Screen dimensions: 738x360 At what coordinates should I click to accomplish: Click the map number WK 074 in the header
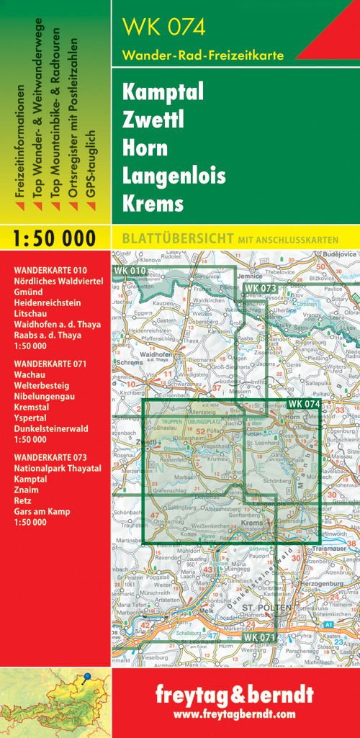pos(164,27)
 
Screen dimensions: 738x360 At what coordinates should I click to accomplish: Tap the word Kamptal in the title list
pos(163,92)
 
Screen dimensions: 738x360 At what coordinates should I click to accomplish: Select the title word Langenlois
pos(174,175)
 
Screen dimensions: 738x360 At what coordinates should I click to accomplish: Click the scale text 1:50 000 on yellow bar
pos(55,238)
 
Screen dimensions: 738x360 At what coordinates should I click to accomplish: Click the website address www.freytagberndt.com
pos(235,714)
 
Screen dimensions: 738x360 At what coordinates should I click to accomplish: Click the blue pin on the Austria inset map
pos(87,677)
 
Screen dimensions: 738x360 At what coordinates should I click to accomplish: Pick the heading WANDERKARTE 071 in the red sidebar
pos(50,364)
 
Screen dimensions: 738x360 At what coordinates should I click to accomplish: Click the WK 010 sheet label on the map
pos(130,271)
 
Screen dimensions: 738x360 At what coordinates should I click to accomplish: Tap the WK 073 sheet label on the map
pos(260,288)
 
